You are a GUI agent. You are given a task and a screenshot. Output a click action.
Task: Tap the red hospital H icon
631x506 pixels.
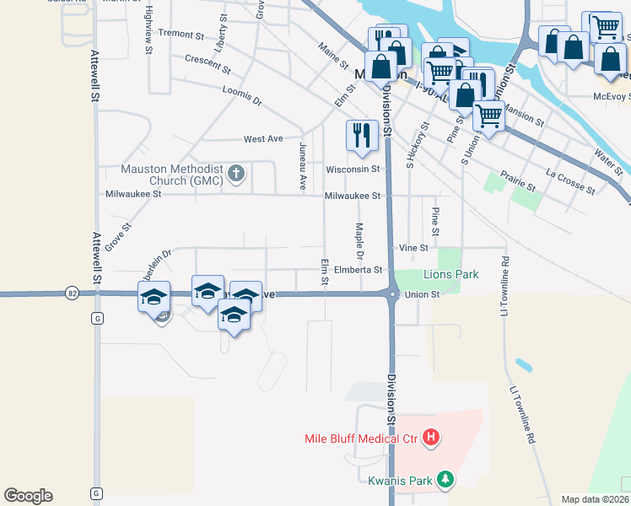(x=431, y=437)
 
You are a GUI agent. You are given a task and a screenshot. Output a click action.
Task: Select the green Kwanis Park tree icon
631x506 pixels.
(x=446, y=481)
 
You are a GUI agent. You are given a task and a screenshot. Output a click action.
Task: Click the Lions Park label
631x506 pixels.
(x=450, y=274)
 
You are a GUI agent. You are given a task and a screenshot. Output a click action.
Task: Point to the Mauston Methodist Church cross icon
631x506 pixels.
(x=237, y=175)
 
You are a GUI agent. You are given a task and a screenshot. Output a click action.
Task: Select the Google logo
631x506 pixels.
(x=28, y=496)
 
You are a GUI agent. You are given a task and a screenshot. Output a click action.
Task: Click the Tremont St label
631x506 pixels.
(x=181, y=35)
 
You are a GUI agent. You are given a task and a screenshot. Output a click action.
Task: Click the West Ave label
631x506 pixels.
(x=263, y=139)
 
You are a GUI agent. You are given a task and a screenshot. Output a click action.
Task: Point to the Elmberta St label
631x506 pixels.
(x=359, y=270)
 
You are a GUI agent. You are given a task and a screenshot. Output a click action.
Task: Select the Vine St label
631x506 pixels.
(x=413, y=248)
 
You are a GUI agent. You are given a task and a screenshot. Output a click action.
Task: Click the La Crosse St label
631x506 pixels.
(x=570, y=182)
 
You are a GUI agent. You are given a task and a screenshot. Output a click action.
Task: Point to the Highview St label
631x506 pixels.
(x=148, y=30)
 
